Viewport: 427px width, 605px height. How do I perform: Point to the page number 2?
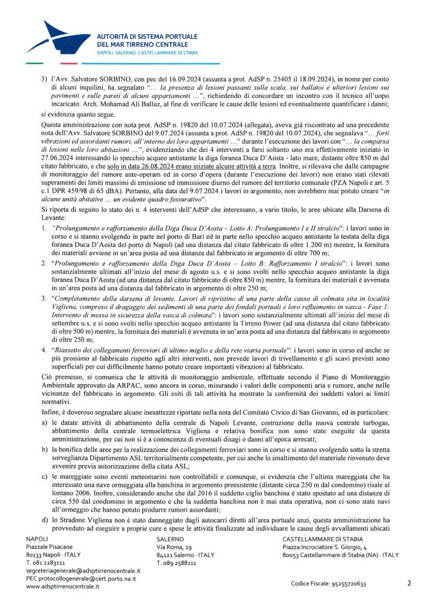pos(409,583)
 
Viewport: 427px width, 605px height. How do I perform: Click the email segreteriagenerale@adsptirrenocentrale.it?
pos(83,571)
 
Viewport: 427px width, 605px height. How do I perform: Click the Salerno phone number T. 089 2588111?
pos(178,563)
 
